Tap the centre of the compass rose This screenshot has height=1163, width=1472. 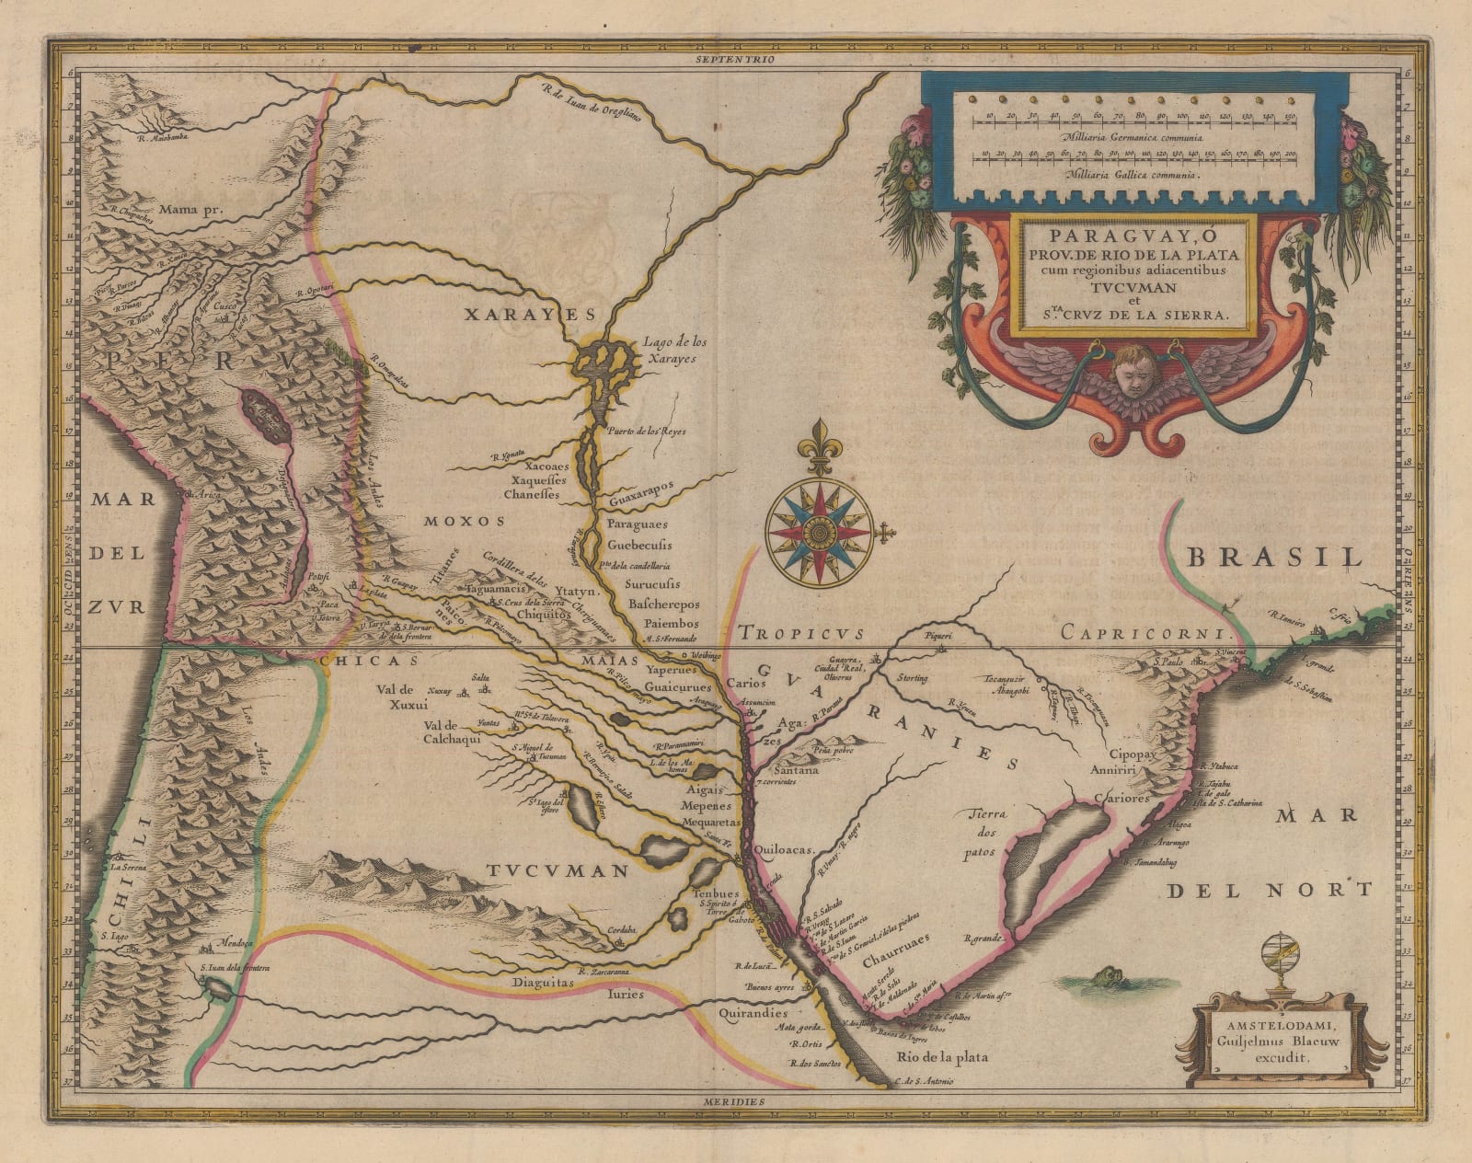point(814,532)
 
